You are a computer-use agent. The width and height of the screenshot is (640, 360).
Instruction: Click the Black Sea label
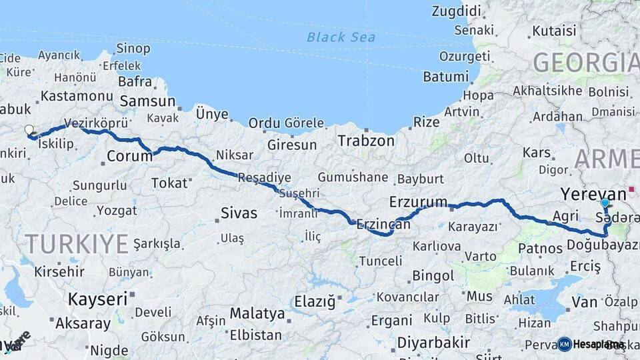pos(341,37)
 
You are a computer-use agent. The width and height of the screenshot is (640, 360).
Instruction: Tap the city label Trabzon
pos(365,141)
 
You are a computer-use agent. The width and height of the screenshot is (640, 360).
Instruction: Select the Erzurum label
pos(418,201)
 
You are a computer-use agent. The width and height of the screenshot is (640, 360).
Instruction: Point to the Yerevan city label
pos(593,193)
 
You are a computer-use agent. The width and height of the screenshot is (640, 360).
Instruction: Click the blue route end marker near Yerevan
pos(605,203)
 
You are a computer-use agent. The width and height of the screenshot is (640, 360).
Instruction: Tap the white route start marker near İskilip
pos(29,130)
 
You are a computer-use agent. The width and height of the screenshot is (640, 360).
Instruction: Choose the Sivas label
pos(239,213)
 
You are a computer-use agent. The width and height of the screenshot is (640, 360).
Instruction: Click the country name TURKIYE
pos(76,244)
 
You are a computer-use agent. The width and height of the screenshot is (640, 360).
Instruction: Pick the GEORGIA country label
pos(585,63)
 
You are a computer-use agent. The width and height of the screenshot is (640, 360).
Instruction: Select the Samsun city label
pos(148,102)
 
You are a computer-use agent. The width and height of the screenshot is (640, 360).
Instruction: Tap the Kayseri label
pos(97,299)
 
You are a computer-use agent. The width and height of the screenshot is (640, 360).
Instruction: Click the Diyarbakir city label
pos(433,343)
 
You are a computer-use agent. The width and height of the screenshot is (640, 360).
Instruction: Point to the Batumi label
pos(447,77)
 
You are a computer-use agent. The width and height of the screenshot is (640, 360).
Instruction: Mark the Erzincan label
pos(383,224)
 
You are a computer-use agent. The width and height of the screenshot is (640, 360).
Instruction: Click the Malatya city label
pos(257,313)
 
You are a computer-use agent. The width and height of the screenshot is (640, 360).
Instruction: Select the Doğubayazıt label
pos(603,245)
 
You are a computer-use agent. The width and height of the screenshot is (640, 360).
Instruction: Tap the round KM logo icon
pos(564,344)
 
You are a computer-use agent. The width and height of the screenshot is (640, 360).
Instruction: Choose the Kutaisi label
pos(554,31)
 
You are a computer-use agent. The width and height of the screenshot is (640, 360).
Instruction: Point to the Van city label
pos(584,302)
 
